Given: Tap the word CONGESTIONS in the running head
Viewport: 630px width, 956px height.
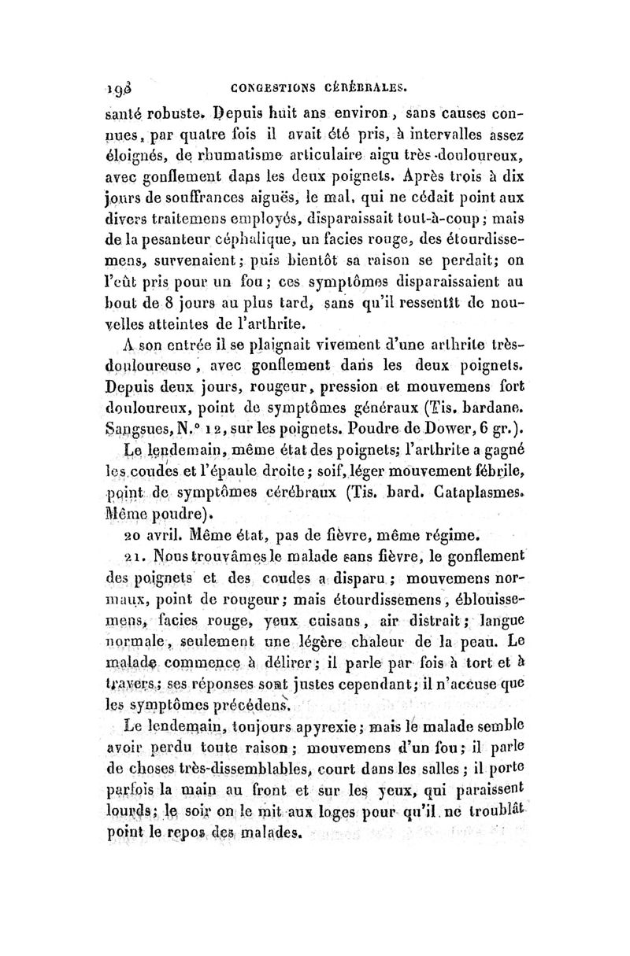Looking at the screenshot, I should (265, 89).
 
